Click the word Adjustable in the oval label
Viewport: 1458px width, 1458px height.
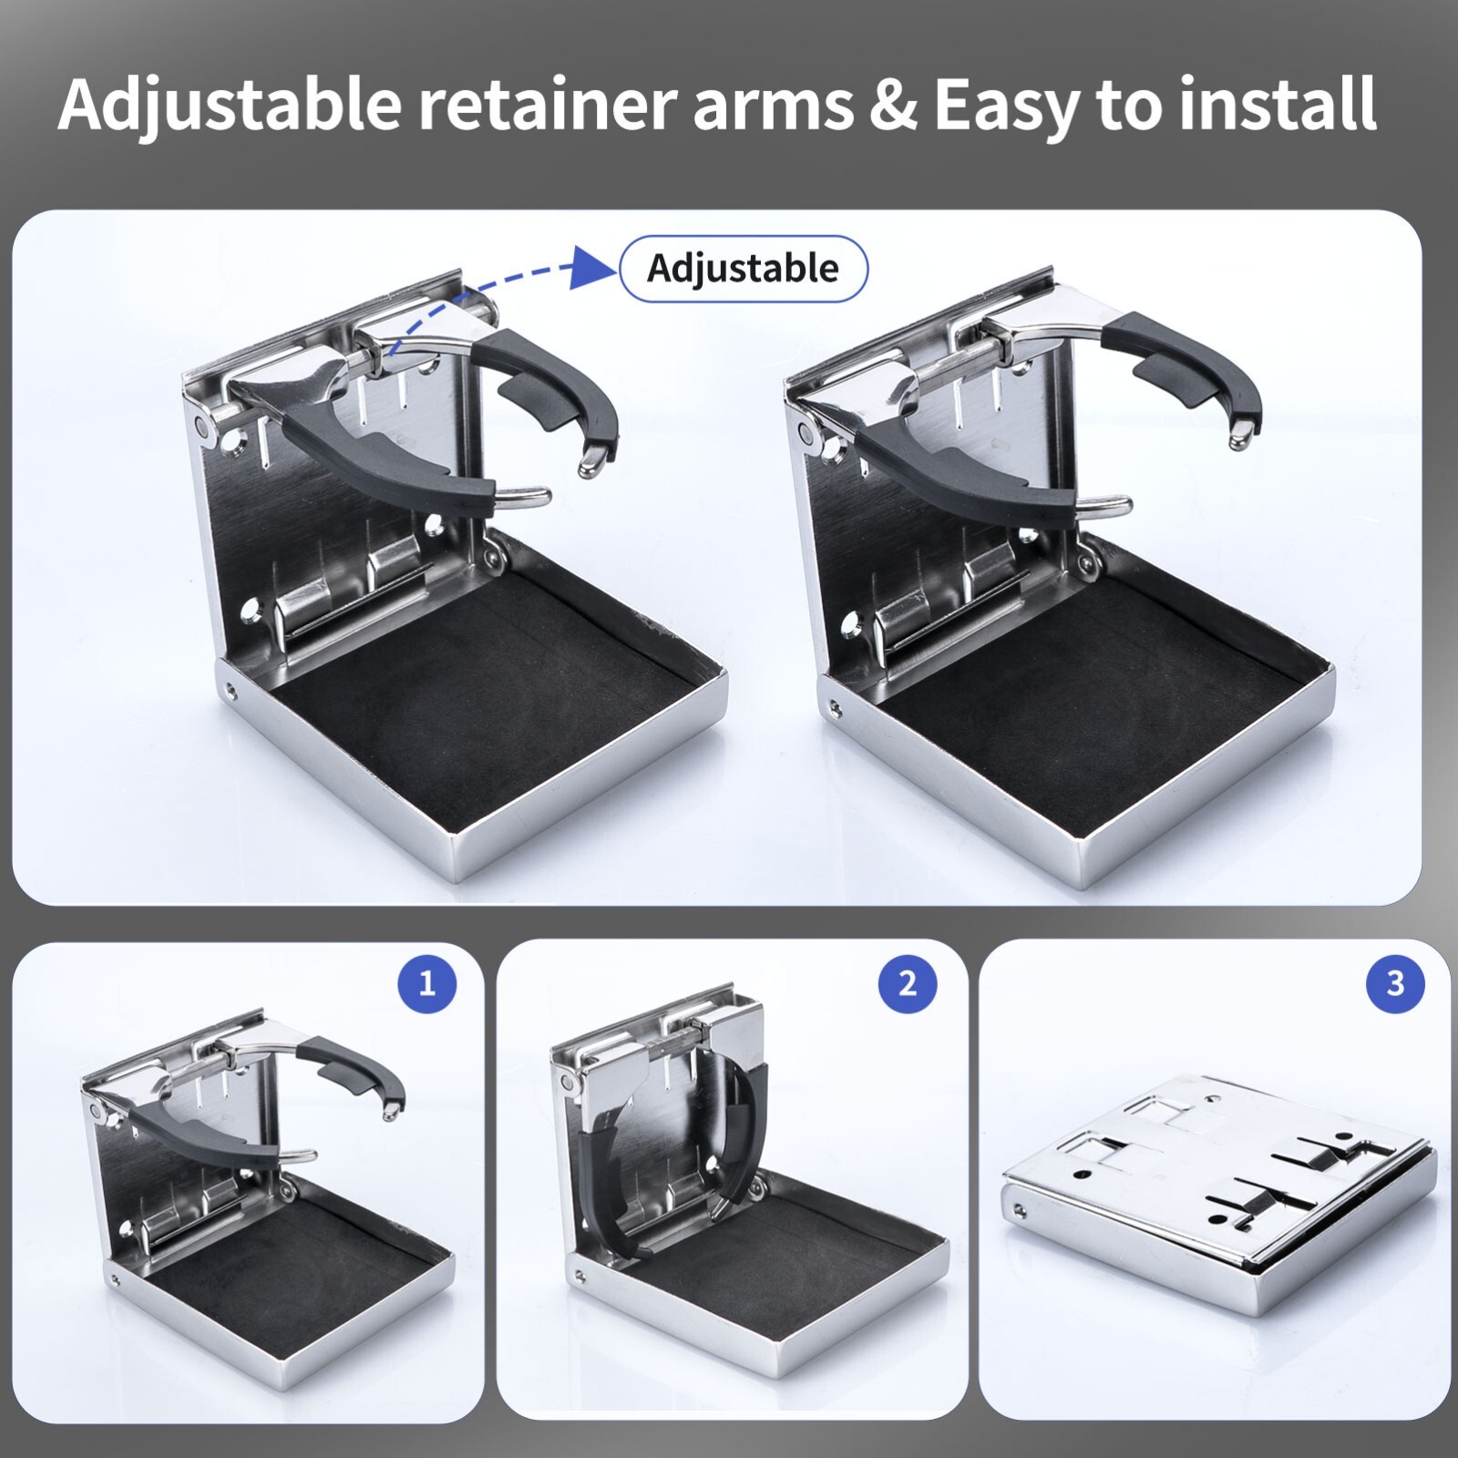click(x=743, y=269)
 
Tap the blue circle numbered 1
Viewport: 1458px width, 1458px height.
click(x=427, y=983)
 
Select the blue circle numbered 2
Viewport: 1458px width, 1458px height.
click(x=908, y=983)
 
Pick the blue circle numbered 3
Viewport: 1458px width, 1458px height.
click(x=1395, y=983)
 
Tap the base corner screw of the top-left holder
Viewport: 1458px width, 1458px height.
click(x=231, y=690)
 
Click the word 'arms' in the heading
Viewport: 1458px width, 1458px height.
click(x=773, y=106)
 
